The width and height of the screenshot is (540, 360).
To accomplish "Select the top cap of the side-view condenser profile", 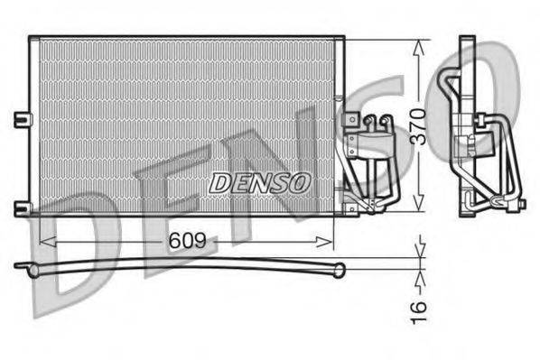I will tap(466, 42).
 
